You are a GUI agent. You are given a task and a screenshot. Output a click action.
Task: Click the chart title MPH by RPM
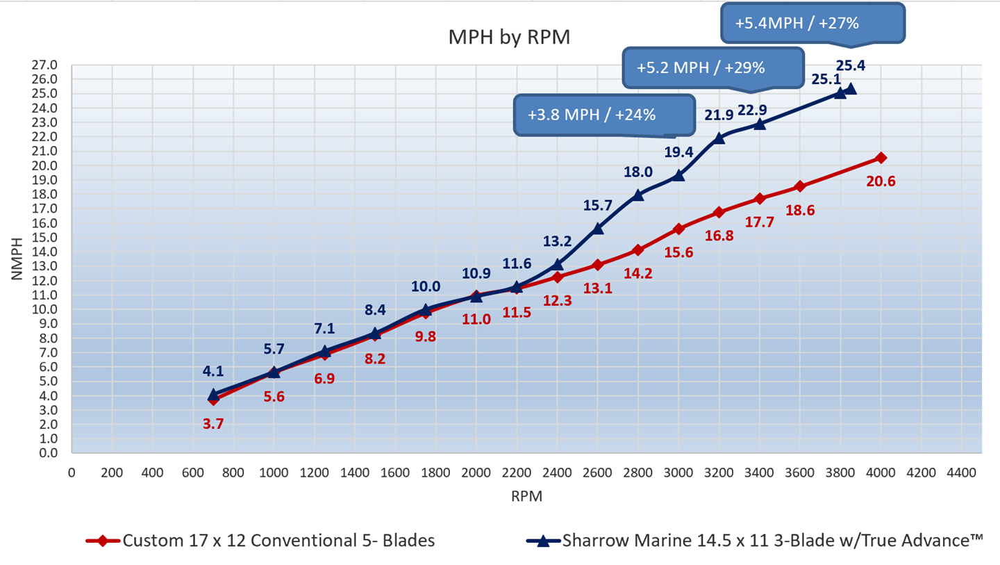510,37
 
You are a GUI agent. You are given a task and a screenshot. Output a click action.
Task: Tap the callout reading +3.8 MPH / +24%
603,114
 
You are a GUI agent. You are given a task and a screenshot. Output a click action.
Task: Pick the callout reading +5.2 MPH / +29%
714,67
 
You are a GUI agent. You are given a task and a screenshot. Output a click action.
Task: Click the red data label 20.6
881,181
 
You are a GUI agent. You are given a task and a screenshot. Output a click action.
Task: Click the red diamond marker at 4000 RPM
881,158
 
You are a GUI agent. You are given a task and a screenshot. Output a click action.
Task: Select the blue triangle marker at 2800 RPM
638,195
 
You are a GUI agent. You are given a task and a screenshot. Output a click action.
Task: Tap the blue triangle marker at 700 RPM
213,395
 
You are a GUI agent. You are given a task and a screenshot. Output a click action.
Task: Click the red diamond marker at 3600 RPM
800,186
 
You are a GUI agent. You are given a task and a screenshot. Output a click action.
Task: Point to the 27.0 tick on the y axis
45,65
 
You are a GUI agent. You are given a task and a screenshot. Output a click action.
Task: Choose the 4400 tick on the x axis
962,473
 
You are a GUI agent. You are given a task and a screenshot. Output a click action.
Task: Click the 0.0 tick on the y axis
48,453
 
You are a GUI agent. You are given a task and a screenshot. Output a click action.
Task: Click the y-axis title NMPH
18,259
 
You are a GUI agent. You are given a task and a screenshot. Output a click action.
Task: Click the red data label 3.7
213,424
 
